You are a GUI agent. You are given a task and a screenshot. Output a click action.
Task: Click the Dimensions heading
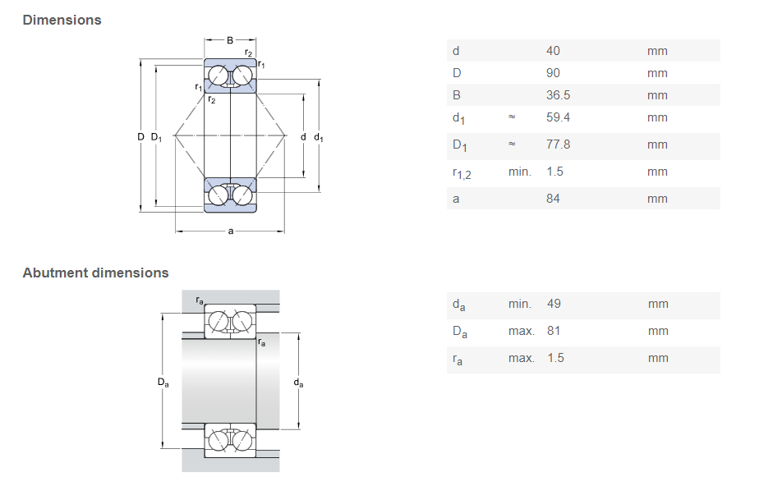point(62,20)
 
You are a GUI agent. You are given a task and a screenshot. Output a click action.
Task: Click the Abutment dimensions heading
point(95,273)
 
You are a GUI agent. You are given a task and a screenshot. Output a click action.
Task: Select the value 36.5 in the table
point(558,95)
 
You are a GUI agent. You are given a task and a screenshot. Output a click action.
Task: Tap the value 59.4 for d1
point(558,117)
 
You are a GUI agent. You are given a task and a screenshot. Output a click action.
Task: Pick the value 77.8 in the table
point(558,144)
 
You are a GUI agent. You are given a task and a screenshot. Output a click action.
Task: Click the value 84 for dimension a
point(553,199)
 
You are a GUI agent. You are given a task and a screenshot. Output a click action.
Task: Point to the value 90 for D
point(553,73)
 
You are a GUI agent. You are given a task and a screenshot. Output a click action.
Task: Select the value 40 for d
point(553,51)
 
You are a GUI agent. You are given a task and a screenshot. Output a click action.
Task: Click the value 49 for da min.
point(554,304)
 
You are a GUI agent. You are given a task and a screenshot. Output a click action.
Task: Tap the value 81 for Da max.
point(554,331)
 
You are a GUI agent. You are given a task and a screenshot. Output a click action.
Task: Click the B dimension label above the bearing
point(230,39)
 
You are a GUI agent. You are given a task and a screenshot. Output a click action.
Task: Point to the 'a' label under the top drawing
point(231,231)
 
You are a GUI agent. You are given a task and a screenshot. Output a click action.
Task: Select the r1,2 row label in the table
point(462,172)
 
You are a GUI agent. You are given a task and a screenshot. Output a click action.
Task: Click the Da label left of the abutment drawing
point(163,383)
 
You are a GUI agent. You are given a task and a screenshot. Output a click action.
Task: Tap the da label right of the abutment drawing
point(299,383)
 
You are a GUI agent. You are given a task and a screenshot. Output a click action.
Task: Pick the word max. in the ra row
point(521,358)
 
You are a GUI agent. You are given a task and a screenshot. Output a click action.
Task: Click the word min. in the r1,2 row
point(520,172)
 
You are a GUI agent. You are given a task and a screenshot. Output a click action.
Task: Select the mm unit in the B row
point(657,95)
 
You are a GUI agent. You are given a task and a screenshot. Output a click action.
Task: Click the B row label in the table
point(457,95)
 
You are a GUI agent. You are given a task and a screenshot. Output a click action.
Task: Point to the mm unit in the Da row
point(657,331)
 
